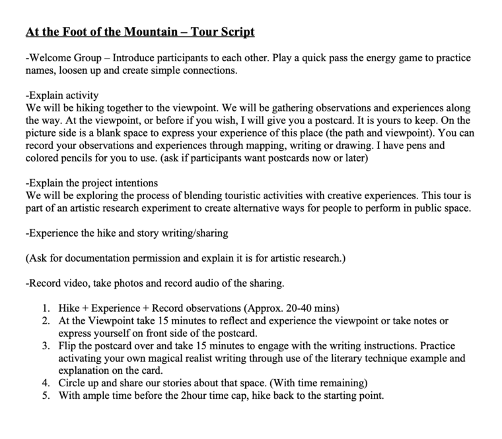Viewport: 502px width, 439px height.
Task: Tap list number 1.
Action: click(45, 308)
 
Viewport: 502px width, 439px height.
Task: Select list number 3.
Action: click(45, 346)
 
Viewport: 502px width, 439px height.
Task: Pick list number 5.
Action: click(45, 395)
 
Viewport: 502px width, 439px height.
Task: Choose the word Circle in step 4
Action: click(73, 383)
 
